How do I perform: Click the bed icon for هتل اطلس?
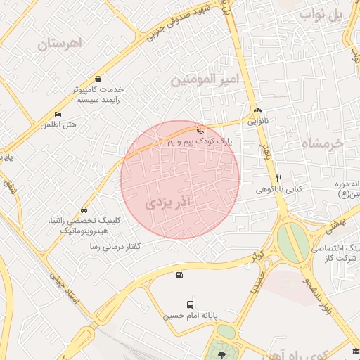point(58,115)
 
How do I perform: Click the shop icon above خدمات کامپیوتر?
point(96,79)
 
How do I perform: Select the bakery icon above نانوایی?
point(257,110)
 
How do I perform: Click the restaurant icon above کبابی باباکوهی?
point(278,177)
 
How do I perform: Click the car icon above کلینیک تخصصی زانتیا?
point(84,210)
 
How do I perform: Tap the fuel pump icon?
point(179,275)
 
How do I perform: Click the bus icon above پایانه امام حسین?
point(191,304)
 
